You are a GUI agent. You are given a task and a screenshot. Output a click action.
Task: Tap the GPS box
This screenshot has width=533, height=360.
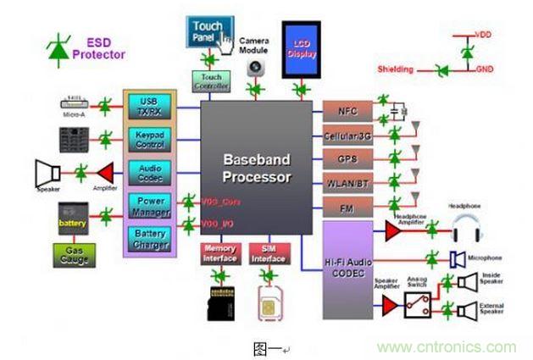pos(346,158)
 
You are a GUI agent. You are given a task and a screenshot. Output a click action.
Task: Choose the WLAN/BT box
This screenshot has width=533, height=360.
pos(346,183)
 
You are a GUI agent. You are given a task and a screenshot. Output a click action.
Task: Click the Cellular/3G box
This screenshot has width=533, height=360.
pos(346,134)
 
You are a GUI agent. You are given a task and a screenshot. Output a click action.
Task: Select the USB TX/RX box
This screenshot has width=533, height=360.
pos(149,106)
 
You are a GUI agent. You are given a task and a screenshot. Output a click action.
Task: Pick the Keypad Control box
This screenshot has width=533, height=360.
pos(149,138)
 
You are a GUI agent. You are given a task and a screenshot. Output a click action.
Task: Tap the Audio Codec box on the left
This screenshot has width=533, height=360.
pos(149,172)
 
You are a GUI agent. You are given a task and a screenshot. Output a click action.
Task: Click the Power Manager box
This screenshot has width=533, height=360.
pos(149,205)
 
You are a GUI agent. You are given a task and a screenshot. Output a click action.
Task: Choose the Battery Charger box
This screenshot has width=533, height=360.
pos(149,237)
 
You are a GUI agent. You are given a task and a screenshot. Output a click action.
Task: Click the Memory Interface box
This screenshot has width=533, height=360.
pos(219,253)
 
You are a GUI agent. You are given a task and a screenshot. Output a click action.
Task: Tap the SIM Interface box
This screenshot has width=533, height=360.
pos(268,253)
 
